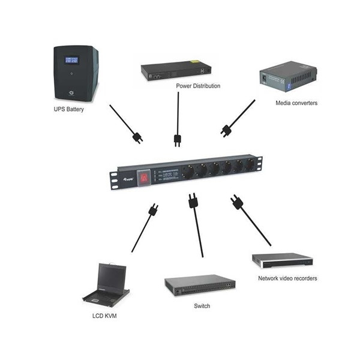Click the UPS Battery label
tap(68, 110)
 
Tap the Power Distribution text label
tap(198, 86)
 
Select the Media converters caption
tap(296, 103)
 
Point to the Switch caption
tap(202, 306)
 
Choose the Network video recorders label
tap(287, 278)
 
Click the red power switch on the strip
tap(144, 177)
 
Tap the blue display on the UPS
tap(71, 61)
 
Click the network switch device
tap(200, 286)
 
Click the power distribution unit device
tap(178, 70)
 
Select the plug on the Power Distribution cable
tap(178, 140)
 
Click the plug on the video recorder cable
tap(236, 202)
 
